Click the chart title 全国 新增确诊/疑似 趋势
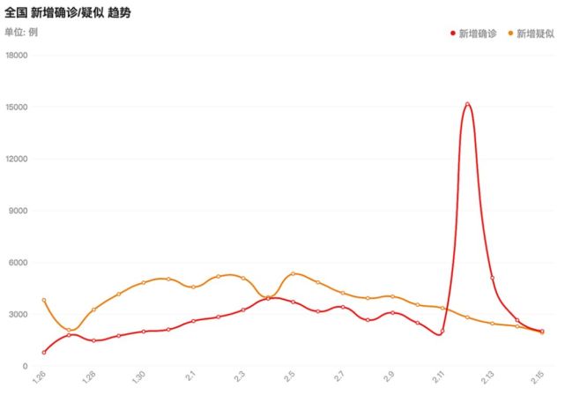pos(67,13)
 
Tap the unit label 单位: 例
pos(21,32)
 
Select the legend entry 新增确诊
pos(473,34)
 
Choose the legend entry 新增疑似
pos(532,34)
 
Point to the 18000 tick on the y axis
pos(17,56)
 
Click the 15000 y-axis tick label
pos(17,107)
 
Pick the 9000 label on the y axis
pos(18,211)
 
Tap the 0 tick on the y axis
pos(25,366)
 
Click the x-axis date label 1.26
pos(39,377)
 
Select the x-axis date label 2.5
pos(289,376)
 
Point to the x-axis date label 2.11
pos(438,377)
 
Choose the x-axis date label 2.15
pos(538,377)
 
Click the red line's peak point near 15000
pos(467,104)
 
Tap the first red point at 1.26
pos(44,353)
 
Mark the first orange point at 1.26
pos(44,300)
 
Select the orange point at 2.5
pos(293,274)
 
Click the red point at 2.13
pos(492,278)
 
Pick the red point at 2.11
pos(442,331)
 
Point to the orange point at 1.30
pos(144,282)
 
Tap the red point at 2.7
pos(343,307)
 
